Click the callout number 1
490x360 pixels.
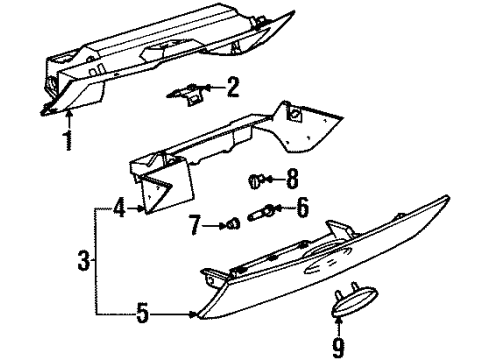tap(68, 141)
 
